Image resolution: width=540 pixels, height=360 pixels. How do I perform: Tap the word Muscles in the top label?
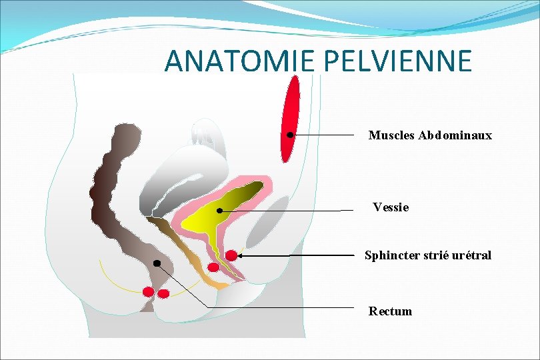[x=392, y=135]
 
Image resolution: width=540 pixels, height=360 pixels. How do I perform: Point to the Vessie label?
[x=391, y=207]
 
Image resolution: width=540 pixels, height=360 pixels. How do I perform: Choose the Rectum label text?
[x=391, y=311]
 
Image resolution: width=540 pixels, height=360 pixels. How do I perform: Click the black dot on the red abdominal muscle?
[x=290, y=135]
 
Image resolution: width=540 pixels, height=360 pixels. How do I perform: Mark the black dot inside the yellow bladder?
[x=219, y=211]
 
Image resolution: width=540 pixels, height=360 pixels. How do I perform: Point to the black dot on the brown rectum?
[x=157, y=263]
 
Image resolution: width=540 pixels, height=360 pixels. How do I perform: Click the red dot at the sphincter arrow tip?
[x=231, y=255]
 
